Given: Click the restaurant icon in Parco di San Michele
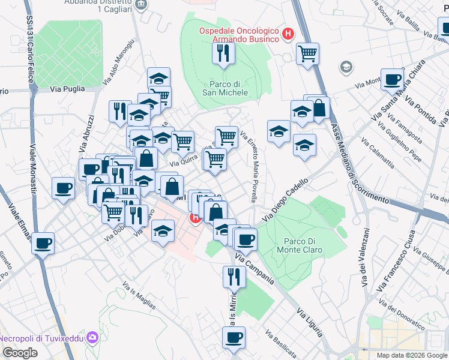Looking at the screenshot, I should [x=223, y=53].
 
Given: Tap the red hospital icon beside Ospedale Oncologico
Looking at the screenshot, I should [x=289, y=35].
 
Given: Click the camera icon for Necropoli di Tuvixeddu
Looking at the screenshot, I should [x=92, y=338].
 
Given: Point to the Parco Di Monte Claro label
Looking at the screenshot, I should [x=300, y=246].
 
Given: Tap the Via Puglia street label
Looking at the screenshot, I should [x=65, y=89].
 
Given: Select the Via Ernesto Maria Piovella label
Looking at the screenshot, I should [x=253, y=167].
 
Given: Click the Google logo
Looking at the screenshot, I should [x=20, y=353].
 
